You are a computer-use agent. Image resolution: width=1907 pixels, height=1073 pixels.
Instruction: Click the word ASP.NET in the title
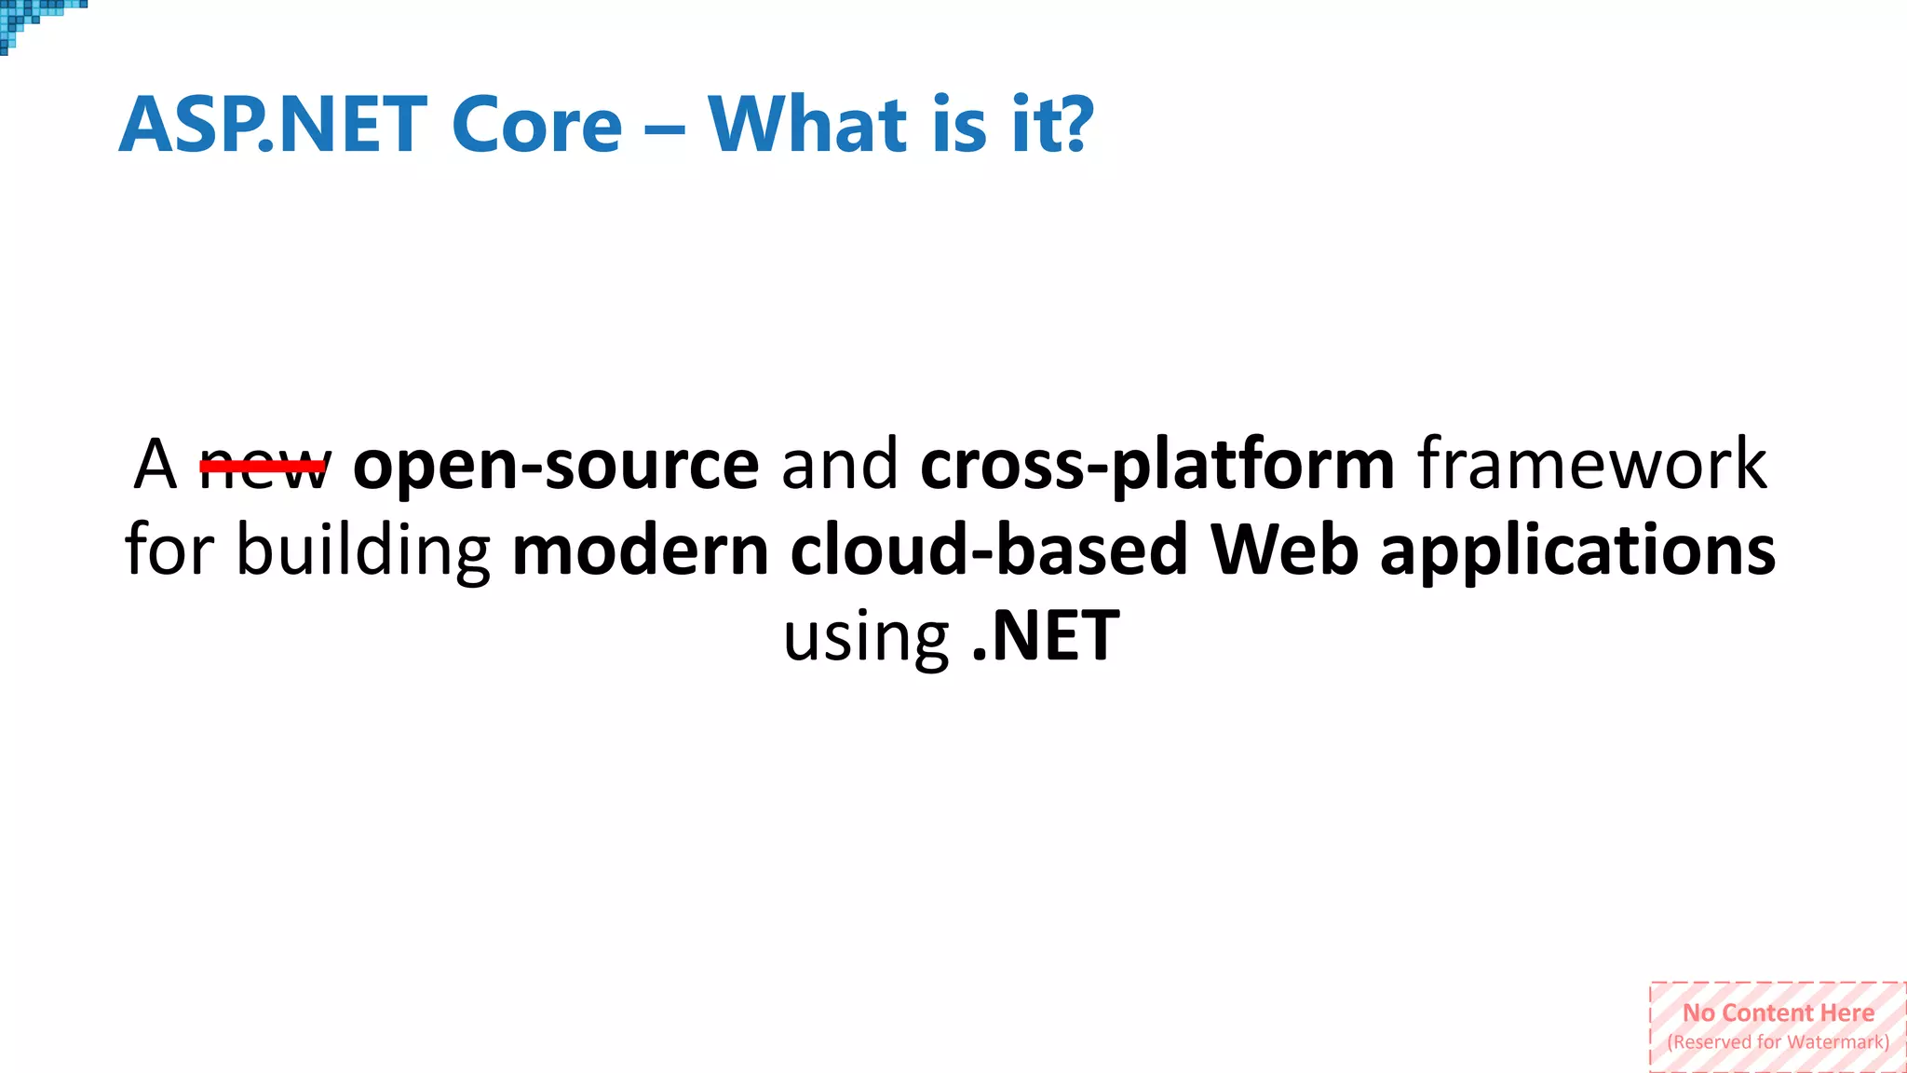tap(273, 125)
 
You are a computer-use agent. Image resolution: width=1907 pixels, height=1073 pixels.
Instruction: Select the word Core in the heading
tap(536, 125)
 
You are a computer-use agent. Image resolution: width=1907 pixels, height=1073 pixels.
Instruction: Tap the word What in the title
tap(806, 125)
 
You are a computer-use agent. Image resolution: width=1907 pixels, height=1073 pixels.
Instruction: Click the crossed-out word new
tap(264, 465)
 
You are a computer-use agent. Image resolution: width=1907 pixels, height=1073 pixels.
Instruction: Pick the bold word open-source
tap(556, 465)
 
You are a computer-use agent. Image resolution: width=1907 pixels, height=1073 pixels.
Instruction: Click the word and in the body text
tap(839, 465)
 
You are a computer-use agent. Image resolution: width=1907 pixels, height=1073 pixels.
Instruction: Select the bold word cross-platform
tap(1157, 465)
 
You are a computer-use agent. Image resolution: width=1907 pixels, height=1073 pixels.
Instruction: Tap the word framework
tap(1591, 465)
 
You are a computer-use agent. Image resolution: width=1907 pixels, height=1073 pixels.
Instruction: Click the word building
tap(363, 550)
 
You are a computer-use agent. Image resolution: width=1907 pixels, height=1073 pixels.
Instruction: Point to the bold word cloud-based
tap(989, 550)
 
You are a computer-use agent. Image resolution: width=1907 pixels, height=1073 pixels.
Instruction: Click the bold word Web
tap(1284, 550)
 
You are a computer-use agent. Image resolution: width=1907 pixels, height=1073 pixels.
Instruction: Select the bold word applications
tap(1577, 550)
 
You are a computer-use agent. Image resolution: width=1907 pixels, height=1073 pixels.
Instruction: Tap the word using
tap(866, 637)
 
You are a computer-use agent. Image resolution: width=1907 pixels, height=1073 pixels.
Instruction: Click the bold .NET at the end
tap(1045, 637)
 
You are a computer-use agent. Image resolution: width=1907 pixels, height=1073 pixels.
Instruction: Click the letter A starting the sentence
tap(155, 465)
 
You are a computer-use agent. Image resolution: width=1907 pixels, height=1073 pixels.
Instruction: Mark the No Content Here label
tap(1778, 1012)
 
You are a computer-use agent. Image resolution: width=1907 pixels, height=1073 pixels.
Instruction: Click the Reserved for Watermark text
tap(1778, 1042)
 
